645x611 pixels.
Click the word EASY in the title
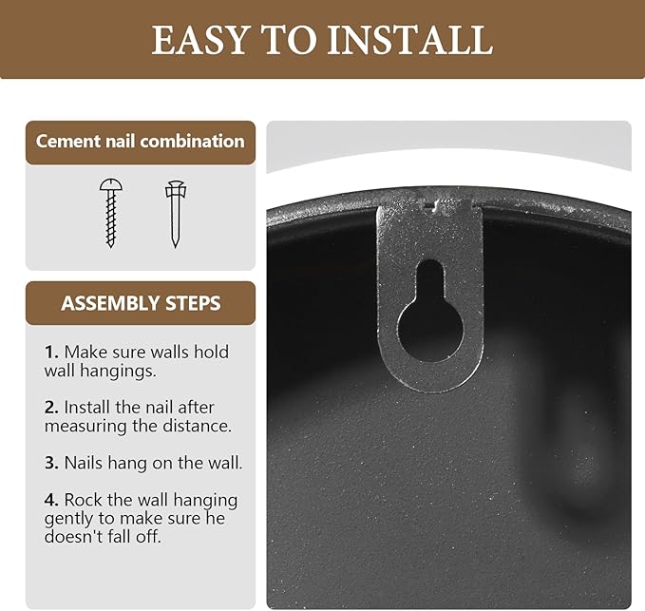coord(199,40)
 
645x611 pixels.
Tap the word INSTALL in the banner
coord(410,40)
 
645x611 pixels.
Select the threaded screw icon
coord(110,213)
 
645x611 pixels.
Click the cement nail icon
coord(176,214)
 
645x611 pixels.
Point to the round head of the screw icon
coord(110,185)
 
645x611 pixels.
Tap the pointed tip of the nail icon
coord(176,245)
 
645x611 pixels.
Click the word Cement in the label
coord(68,142)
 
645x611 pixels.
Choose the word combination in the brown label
coord(192,142)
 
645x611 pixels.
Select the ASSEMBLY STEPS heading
coord(141,304)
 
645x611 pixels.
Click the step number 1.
coord(51,353)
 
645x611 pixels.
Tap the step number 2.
coord(51,408)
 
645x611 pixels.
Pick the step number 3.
coord(51,463)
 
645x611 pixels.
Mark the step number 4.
coord(51,500)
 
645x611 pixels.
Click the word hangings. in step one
coord(118,372)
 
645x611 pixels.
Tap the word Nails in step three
coord(85,463)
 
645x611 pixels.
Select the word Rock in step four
coord(83,500)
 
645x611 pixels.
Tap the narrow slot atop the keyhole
coord(430,281)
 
